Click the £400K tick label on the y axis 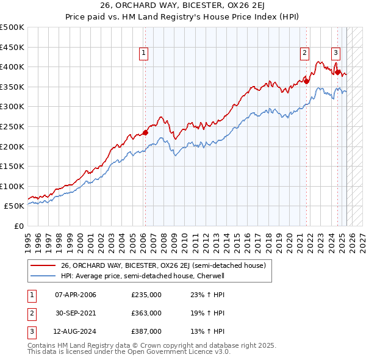click(x=12, y=67)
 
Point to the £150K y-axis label click(x=12, y=166)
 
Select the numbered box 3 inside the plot click(x=335, y=53)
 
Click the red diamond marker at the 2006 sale click(x=145, y=132)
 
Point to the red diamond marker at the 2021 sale click(x=307, y=81)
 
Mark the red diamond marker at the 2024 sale click(x=337, y=72)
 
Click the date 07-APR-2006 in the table click(x=76, y=295)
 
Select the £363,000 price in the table click(x=146, y=313)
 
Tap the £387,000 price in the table click(x=146, y=331)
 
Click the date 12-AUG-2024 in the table click(x=76, y=331)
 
